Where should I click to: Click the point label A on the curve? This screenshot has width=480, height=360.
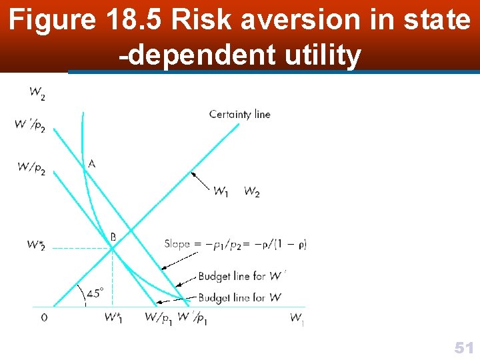click(x=91, y=163)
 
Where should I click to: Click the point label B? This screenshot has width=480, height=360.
click(x=113, y=236)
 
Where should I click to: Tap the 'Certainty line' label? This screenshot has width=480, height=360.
click(x=239, y=114)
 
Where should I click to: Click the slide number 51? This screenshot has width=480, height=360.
click(x=463, y=347)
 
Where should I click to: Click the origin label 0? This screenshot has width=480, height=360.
click(x=44, y=318)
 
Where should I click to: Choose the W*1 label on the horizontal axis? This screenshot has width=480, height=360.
click(x=113, y=318)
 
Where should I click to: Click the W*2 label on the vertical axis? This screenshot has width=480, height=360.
click(x=36, y=245)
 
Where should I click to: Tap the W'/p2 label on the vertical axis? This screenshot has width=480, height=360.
click(x=31, y=125)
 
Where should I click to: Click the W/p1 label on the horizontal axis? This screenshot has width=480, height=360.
click(x=159, y=318)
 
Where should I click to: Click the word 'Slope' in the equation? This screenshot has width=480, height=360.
click(x=177, y=244)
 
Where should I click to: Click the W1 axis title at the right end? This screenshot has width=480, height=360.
click(x=297, y=319)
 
